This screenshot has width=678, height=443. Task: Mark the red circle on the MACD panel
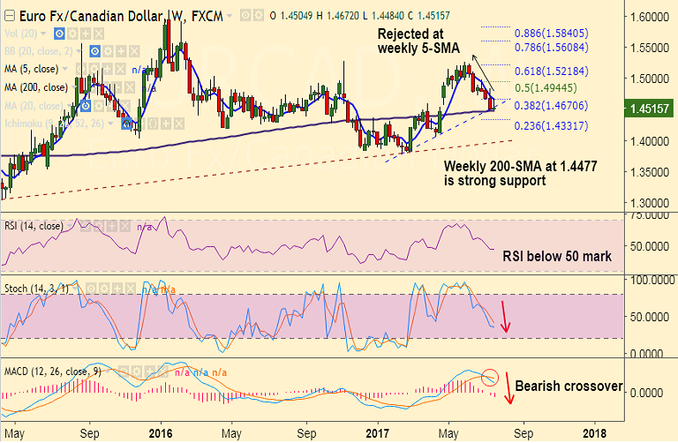pyautogui.click(x=491, y=379)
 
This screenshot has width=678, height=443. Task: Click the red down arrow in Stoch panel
pyautogui.click(x=505, y=317)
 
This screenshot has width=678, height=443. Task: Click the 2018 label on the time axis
pyautogui.click(x=594, y=433)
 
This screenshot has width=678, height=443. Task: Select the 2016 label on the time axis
pyautogui.click(x=161, y=433)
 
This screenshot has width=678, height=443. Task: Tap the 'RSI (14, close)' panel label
pyautogui.click(x=34, y=226)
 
